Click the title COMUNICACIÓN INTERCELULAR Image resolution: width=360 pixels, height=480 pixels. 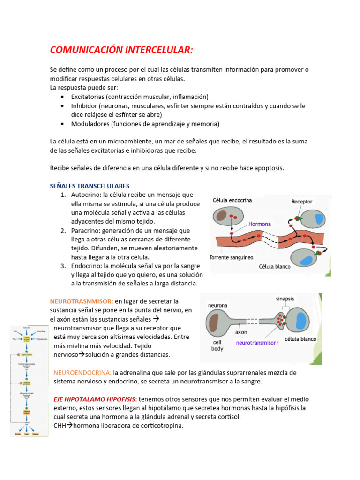121,50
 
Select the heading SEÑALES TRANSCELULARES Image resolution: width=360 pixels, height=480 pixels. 90,186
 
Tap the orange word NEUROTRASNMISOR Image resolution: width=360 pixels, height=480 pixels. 82,301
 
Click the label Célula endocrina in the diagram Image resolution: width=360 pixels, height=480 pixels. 232,200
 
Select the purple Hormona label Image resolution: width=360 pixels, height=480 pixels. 260,224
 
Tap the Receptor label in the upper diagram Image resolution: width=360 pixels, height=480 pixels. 302,202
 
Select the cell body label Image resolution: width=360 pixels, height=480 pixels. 217,345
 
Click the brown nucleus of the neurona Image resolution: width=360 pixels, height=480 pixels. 215,323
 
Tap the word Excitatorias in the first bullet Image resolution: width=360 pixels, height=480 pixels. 88,97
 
